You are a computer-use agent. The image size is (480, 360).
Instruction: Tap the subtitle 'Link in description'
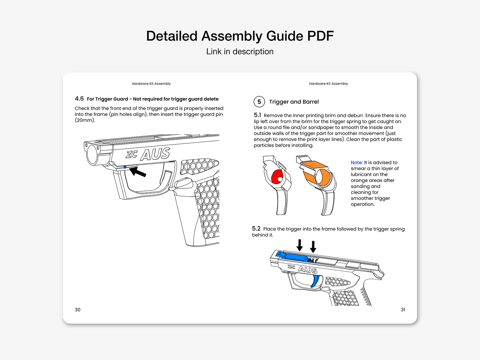[x=240, y=51]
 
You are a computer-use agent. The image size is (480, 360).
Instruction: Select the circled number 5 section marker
[x=259, y=102]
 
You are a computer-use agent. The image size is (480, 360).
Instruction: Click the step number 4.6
[x=79, y=99]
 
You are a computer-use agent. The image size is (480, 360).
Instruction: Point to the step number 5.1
[x=257, y=115]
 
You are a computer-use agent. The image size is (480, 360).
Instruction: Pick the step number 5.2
[x=256, y=229]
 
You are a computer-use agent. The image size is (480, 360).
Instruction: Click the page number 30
[x=77, y=310]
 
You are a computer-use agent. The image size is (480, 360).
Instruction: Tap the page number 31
[x=403, y=310]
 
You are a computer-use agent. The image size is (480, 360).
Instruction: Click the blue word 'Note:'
[x=356, y=162]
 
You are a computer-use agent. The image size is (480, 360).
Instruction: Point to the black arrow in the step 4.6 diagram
[x=138, y=172]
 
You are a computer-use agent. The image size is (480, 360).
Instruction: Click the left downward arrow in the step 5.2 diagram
[x=300, y=245]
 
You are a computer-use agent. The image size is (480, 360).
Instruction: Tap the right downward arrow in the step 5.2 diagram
[x=313, y=247]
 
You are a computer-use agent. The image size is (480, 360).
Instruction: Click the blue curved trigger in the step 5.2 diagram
[x=315, y=281]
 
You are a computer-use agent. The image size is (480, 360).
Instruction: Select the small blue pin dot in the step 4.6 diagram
[x=125, y=167]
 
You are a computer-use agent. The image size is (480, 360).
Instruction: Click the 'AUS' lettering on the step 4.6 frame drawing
[x=155, y=154]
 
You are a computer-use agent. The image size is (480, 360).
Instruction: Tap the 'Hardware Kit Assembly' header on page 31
[x=328, y=84]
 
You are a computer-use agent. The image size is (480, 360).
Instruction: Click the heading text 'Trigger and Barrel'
[x=294, y=102]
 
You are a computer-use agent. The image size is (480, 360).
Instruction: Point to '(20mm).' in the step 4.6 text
[x=85, y=120]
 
